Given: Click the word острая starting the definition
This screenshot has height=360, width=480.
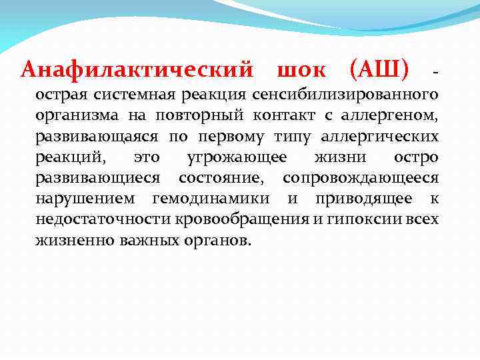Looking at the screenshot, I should coord(62,95).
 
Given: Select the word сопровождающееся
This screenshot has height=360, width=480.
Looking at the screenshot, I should coord(361,178).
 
